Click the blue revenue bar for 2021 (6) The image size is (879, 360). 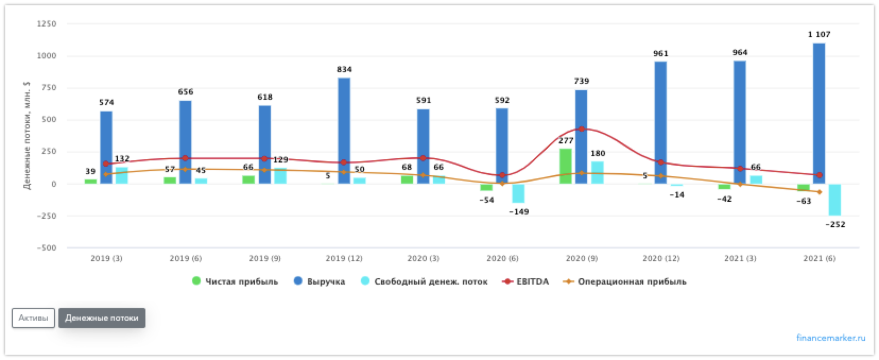[819, 114]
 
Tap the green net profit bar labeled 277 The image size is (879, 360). [566, 166]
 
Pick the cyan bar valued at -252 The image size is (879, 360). [835, 200]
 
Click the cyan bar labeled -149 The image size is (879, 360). [518, 193]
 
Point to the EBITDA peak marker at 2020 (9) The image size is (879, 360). [582, 129]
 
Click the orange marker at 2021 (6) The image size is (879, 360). [820, 192]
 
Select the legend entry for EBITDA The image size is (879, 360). [532, 281]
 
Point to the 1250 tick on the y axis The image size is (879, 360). [47, 24]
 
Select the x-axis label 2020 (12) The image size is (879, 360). [661, 259]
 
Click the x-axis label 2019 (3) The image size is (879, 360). [106, 259]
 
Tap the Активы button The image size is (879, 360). [33, 318]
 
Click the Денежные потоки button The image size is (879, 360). [101, 318]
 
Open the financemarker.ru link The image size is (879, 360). [831, 338]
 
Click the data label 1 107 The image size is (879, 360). [819, 35]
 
